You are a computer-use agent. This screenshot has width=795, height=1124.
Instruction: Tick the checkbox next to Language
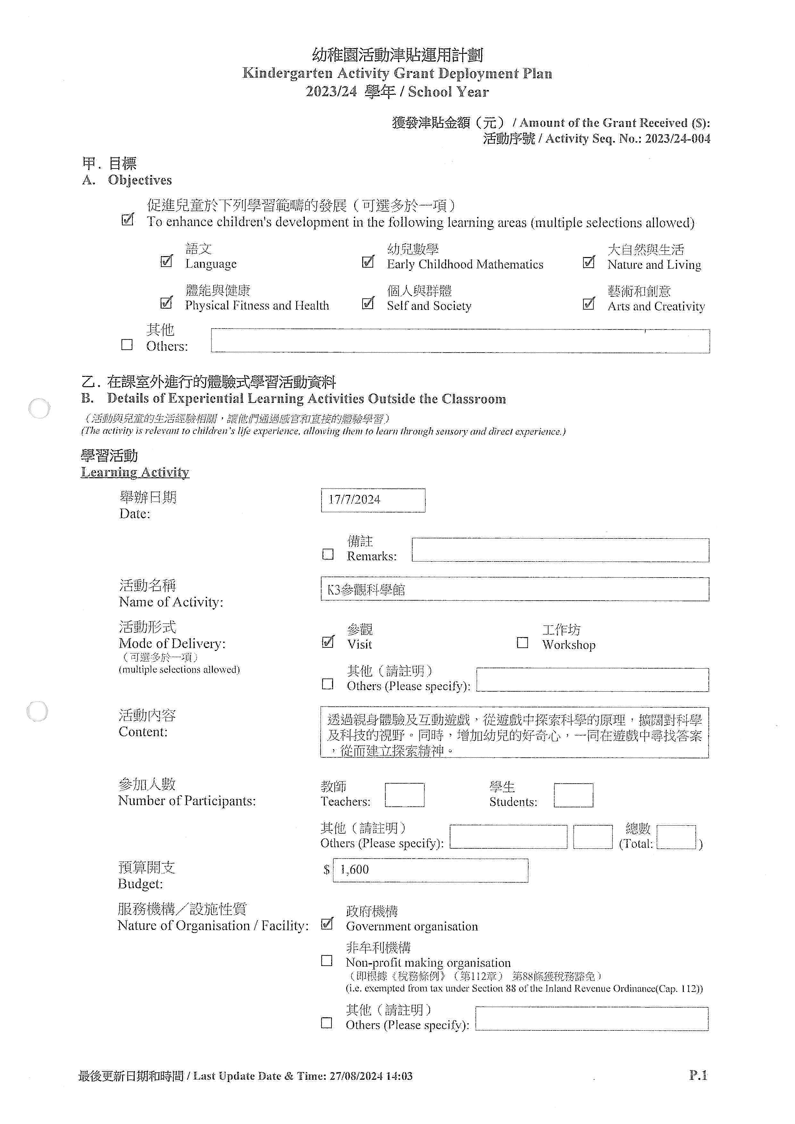[166, 262]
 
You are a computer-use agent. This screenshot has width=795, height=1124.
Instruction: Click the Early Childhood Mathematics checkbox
[368, 262]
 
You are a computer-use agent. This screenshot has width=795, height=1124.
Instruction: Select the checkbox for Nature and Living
[589, 262]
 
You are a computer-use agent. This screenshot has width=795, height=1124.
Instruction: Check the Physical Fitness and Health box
[166, 303]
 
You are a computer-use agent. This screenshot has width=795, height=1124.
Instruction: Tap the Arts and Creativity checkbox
[589, 304]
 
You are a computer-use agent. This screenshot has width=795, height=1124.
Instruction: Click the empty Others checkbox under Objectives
[127, 345]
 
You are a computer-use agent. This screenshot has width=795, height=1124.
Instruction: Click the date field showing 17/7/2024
[372, 500]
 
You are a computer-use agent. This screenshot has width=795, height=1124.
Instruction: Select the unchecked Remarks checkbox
[328, 554]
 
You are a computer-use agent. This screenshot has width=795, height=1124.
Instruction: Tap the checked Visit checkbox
[328, 642]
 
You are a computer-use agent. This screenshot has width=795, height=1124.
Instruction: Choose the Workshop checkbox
[522, 642]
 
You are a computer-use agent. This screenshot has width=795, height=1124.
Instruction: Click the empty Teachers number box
[404, 795]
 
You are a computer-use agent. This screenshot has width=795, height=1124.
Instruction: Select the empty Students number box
[573, 795]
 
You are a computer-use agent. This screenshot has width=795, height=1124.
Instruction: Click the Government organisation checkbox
[327, 924]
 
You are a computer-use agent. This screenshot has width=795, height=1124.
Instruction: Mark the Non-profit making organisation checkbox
[327, 961]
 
